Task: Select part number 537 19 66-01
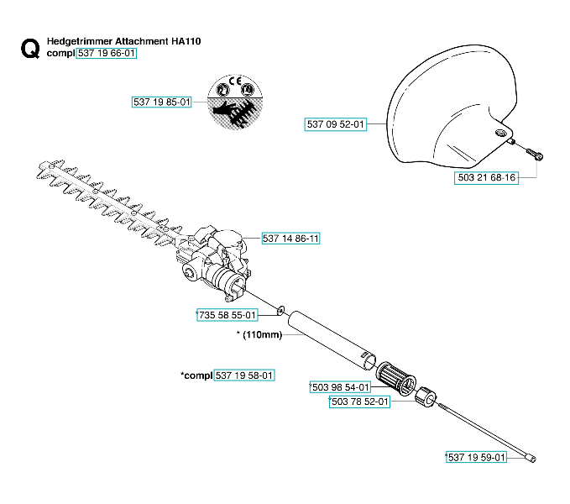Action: tap(106, 53)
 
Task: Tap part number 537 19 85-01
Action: tap(163, 102)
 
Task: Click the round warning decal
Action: tap(230, 102)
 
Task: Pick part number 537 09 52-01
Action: tap(336, 124)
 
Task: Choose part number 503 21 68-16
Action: tap(487, 179)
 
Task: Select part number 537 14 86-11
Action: tap(291, 239)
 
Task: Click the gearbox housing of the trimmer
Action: tap(217, 260)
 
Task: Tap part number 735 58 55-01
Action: tap(226, 315)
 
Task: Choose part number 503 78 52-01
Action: tap(360, 402)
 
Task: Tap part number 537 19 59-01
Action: tap(476, 457)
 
